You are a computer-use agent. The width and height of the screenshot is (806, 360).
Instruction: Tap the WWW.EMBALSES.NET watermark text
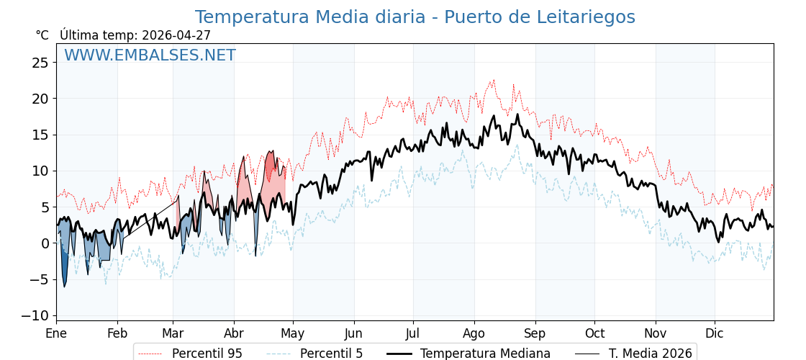point(150,55)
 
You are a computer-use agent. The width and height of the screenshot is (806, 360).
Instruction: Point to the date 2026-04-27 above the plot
point(176,35)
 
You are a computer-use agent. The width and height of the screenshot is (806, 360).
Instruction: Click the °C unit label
point(42,35)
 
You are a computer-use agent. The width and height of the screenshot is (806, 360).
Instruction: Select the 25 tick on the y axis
point(40,63)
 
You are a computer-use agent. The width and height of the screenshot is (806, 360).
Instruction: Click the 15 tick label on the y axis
point(40,135)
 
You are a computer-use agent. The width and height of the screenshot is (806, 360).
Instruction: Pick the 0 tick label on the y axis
point(45,243)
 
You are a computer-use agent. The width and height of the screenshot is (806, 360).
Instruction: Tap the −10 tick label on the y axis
point(35,315)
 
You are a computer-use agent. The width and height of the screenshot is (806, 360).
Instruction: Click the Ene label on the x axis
point(56,333)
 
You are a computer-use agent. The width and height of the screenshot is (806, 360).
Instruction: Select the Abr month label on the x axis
point(234,333)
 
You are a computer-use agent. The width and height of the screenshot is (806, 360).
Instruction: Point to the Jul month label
point(413,333)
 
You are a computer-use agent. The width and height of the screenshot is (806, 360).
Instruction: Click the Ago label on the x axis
point(474,333)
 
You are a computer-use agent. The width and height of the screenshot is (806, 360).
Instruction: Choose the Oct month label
point(594,333)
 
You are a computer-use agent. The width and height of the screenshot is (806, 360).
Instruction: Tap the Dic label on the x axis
point(715,333)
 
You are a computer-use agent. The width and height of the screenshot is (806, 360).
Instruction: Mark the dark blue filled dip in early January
point(64,270)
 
